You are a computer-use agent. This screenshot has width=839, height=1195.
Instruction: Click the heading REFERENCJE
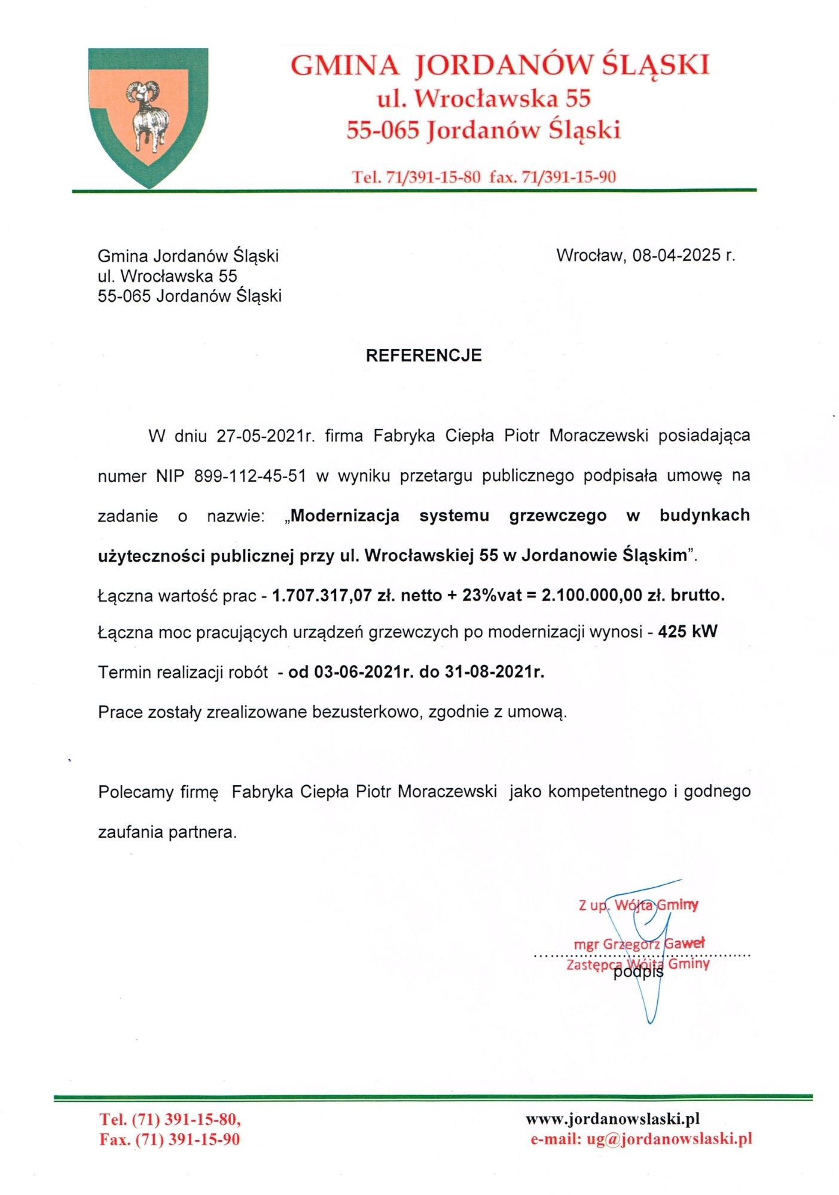pyautogui.click(x=423, y=356)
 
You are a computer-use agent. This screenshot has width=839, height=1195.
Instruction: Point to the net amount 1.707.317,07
pyautogui.click(x=322, y=596)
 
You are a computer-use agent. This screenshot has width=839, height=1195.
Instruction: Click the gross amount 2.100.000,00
pyautogui.click(x=591, y=596)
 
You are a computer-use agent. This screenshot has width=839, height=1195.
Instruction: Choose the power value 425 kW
pyautogui.click(x=687, y=632)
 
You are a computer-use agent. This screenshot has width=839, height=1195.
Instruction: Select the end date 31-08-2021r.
pyautogui.click(x=494, y=672)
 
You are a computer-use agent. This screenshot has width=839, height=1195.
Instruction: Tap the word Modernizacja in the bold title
pyautogui.click(x=344, y=516)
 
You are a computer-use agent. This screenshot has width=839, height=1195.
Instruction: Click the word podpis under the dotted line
pyautogui.click(x=638, y=972)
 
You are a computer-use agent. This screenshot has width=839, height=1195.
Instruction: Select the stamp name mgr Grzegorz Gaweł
pyautogui.click(x=639, y=944)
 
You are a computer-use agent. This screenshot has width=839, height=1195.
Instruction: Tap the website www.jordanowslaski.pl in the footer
pyautogui.click(x=612, y=1119)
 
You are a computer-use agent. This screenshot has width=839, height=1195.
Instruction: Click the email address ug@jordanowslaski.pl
pyautogui.click(x=669, y=1139)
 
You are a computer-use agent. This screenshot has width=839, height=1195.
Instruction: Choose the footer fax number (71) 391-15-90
pyautogui.click(x=187, y=1139)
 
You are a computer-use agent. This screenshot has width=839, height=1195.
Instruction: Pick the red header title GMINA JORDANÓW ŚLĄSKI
pyautogui.click(x=500, y=65)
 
